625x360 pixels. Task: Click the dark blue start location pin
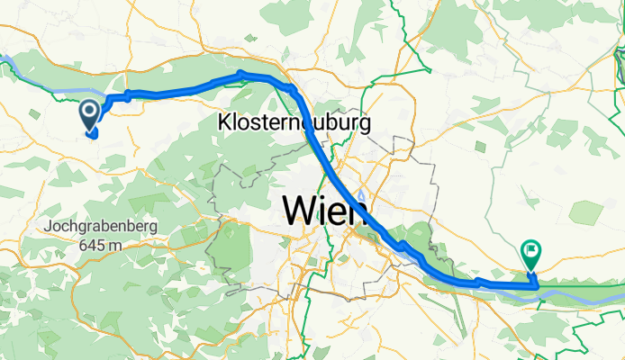(91, 115)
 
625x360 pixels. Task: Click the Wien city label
(325, 211)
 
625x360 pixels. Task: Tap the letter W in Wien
(300, 211)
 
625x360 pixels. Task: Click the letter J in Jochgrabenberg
(48, 227)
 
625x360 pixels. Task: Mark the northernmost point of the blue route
(241, 73)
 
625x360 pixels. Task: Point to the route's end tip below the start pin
(93, 136)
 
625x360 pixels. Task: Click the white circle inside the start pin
(91, 112)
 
